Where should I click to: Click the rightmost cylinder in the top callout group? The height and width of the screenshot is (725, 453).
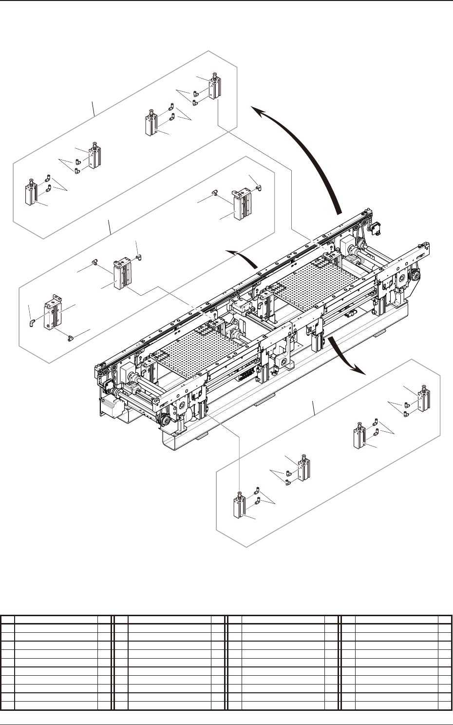coord(214,86)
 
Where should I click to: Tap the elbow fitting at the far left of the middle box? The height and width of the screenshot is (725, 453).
coord(31,322)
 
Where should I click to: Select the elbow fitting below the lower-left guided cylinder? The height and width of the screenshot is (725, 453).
coord(70,337)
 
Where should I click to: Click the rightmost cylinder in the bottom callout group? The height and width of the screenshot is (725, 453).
coord(423,399)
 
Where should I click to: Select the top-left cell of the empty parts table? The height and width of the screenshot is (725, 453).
coord(8,620)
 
